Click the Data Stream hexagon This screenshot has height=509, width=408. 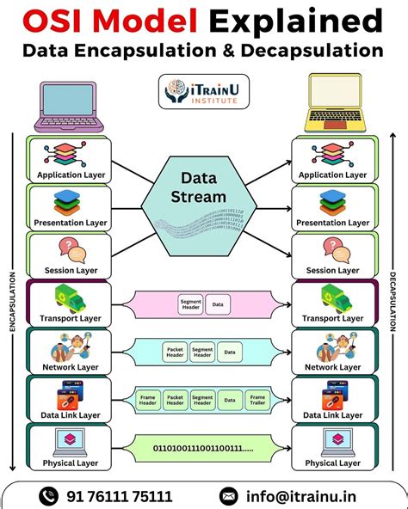pyautogui.click(x=203, y=207)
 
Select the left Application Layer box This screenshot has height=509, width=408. pyautogui.click(x=71, y=159)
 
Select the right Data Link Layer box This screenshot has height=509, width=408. pyautogui.click(x=333, y=399)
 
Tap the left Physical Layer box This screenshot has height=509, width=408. pyautogui.click(x=71, y=448)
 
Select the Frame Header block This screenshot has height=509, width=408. pyautogui.click(x=148, y=399)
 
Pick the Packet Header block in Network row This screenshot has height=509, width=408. pyautogui.click(x=175, y=351)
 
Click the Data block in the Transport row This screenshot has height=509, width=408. pyautogui.click(x=218, y=304)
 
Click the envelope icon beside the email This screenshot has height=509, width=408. pyautogui.click(x=228, y=496)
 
